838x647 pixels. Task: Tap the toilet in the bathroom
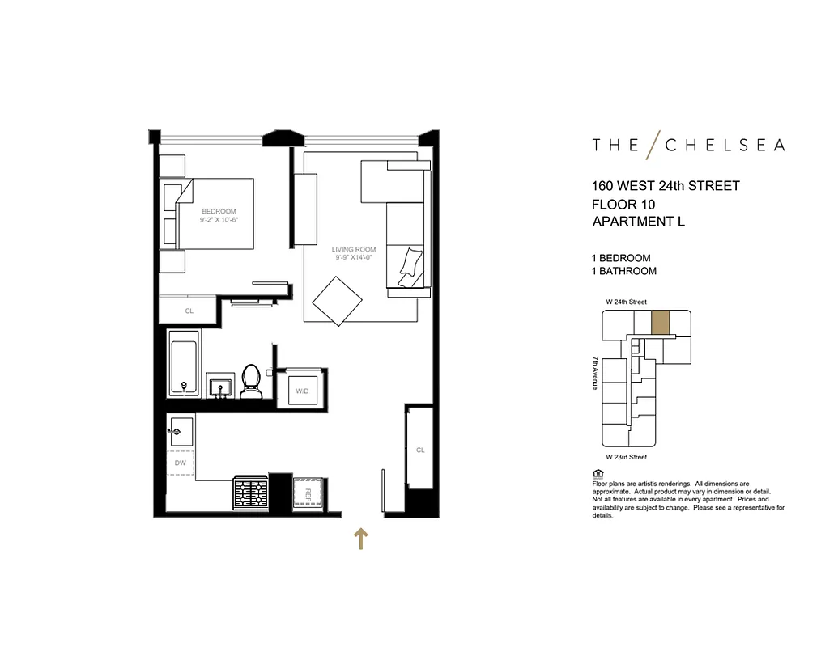click(x=251, y=383)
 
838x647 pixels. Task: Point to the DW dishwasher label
click(x=181, y=463)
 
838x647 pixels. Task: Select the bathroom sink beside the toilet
click(x=219, y=387)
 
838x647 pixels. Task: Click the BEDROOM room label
click(x=219, y=212)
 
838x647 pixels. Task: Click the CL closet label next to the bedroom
click(x=189, y=311)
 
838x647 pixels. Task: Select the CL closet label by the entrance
click(x=420, y=450)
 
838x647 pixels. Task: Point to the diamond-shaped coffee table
click(x=338, y=301)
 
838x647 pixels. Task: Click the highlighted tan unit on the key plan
click(x=661, y=322)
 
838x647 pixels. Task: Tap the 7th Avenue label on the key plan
click(x=596, y=374)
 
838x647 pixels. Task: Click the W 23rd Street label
click(x=627, y=457)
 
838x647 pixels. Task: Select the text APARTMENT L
click(x=639, y=222)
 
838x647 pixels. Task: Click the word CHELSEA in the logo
click(x=725, y=146)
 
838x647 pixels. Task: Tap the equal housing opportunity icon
click(x=598, y=473)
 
